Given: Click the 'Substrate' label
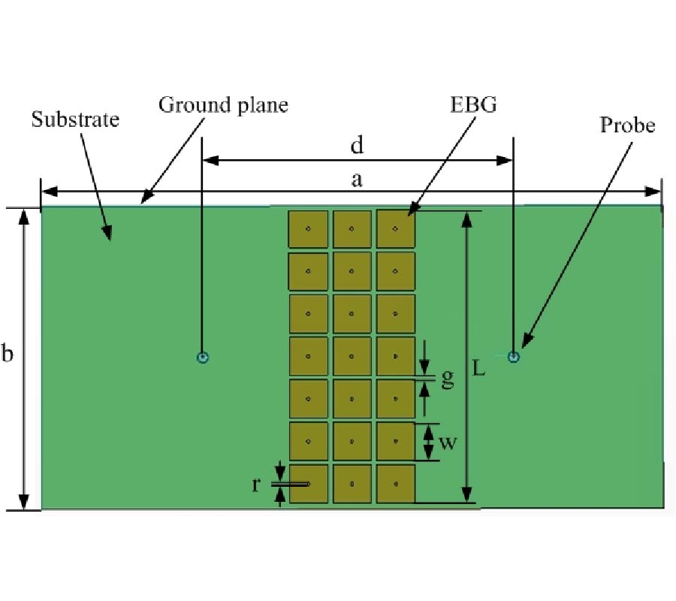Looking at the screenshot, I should pyautogui.click(x=75, y=119).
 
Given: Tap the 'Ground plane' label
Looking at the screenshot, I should pyautogui.click(x=223, y=105).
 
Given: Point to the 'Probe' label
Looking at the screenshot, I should pyautogui.click(x=627, y=125).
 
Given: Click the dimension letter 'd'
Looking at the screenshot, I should pyautogui.click(x=357, y=146).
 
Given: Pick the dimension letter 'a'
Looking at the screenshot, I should pyautogui.click(x=357, y=180).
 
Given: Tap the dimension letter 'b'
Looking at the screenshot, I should pyautogui.click(x=8, y=354).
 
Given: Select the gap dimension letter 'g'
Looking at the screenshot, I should pyautogui.click(x=448, y=378).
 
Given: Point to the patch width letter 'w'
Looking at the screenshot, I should pyautogui.click(x=448, y=442).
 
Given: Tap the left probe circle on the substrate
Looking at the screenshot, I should pyautogui.click(x=202, y=358).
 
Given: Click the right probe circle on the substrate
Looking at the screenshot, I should pyautogui.click(x=514, y=357).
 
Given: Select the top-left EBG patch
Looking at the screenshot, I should pyautogui.click(x=308, y=229).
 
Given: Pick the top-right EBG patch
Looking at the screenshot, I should pyautogui.click(x=396, y=229).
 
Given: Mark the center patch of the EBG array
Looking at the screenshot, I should pyautogui.click(x=352, y=357).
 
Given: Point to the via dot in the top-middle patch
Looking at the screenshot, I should pyautogui.click(x=352, y=228).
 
